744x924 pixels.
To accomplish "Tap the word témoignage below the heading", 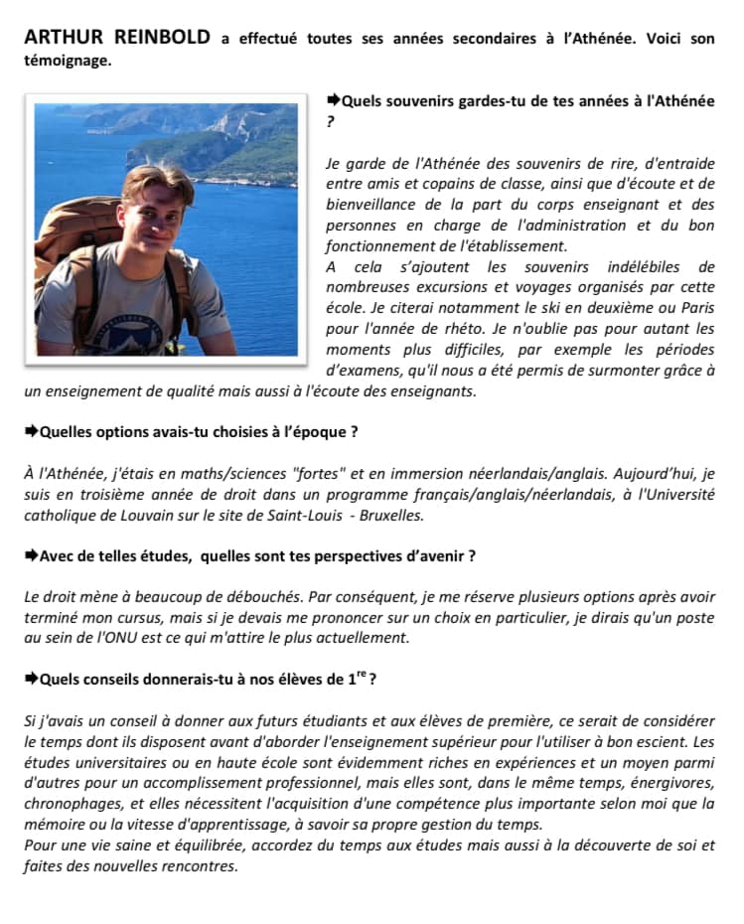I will [66, 60].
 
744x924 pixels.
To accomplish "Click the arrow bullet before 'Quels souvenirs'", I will [334, 101].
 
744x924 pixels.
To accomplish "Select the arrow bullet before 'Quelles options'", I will [31, 432].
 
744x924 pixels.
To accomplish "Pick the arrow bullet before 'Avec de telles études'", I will [31, 556].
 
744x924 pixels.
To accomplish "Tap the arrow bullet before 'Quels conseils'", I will [31, 680].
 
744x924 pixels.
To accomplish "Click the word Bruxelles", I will [389, 515].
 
